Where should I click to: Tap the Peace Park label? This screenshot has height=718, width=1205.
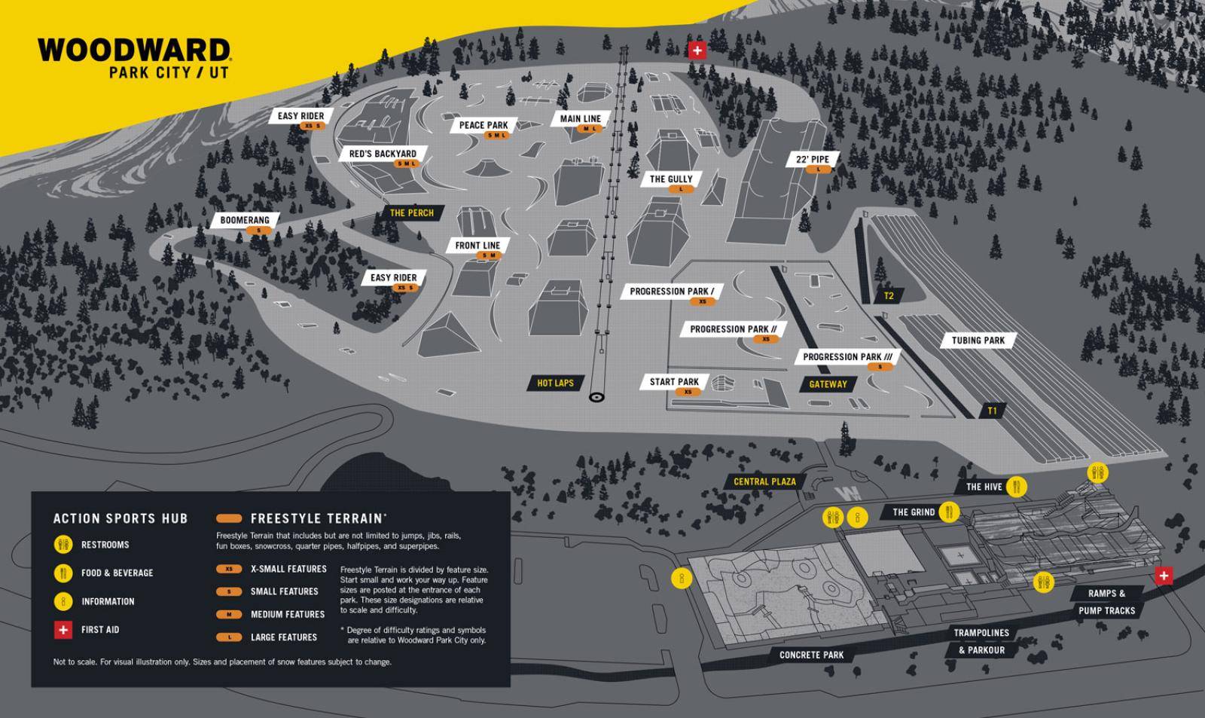(484, 125)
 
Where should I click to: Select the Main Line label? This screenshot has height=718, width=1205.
(581, 118)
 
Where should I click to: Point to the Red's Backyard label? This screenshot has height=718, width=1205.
(383, 154)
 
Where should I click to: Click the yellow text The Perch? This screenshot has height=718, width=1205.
(412, 212)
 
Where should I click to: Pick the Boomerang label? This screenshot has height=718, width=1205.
(245, 221)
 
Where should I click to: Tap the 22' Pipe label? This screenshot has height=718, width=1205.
(813, 160)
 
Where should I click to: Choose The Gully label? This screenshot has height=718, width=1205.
(671, 179)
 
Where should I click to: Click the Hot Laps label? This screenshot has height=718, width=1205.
(555, 383)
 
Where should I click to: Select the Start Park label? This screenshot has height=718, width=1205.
(674, 382)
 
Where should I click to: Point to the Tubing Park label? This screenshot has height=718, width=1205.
(978, 341)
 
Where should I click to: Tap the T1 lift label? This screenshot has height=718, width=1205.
(992, 411)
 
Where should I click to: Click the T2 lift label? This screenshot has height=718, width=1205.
(889, 296)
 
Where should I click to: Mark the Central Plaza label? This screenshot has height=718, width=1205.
(764, 481)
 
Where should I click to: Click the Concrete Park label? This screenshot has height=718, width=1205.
(811, 655)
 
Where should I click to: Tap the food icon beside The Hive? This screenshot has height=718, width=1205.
(1017, 487)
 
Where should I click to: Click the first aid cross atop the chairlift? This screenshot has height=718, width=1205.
(697, 50)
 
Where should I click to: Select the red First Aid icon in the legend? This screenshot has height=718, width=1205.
(63, 630)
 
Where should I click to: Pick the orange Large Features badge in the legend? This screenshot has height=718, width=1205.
(229, 637)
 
